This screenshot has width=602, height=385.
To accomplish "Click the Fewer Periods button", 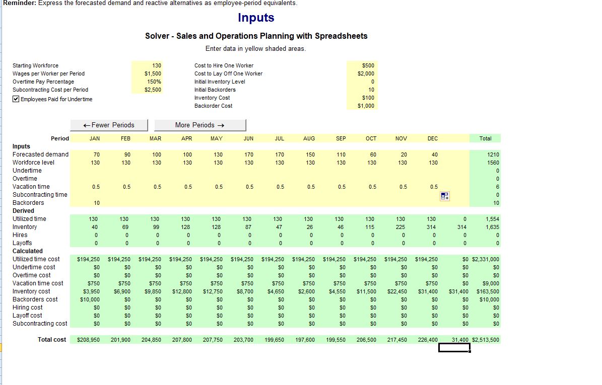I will pyautogui.click(x=109, y=125).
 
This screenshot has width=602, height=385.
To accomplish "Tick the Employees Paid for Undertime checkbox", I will pyautogui.click(x=16, y=99).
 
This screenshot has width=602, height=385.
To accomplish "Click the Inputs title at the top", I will pyautogui.click(x=256, y=18).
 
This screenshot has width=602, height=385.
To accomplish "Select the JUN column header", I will pyautogui.click(x=248, y=138).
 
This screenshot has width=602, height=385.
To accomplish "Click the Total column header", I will pyautogui.click(x=485, y=138).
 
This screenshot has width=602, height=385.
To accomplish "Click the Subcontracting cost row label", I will pyautogui.click(x=40, y=324).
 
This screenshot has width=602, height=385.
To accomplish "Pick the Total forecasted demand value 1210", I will pyautogui.click(x=493, y=155).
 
